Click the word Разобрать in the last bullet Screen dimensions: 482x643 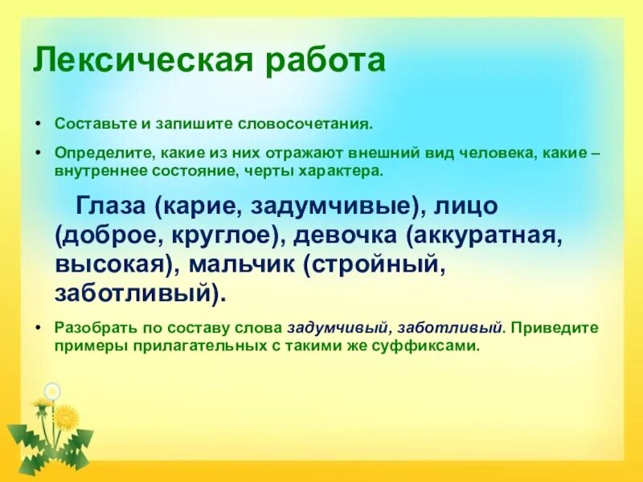click(90, 329)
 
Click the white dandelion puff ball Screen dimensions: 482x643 click(52, 391)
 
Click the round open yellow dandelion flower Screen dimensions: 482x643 click(68, 417)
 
